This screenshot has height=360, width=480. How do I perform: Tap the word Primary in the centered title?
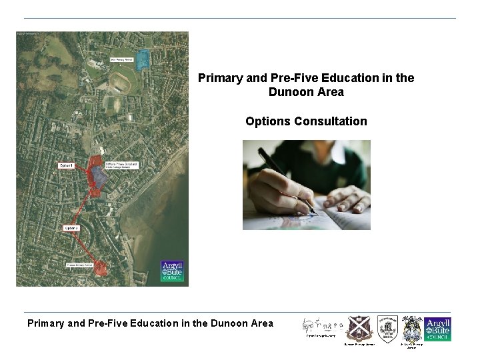pos(221,78)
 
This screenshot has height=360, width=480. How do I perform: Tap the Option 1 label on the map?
pos(66,165)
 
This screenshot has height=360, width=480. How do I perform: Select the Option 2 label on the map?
pos(71,228)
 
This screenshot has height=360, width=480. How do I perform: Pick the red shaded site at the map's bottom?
pos(100,268)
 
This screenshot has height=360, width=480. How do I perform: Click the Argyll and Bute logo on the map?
pos(172,271)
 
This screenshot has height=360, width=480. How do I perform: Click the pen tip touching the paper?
pos(313,211)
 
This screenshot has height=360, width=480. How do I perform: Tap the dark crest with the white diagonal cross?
pos(358,328)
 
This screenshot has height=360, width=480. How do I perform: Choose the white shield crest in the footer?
pos(387,328)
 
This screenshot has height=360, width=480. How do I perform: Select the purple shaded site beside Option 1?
pos(99,175)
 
